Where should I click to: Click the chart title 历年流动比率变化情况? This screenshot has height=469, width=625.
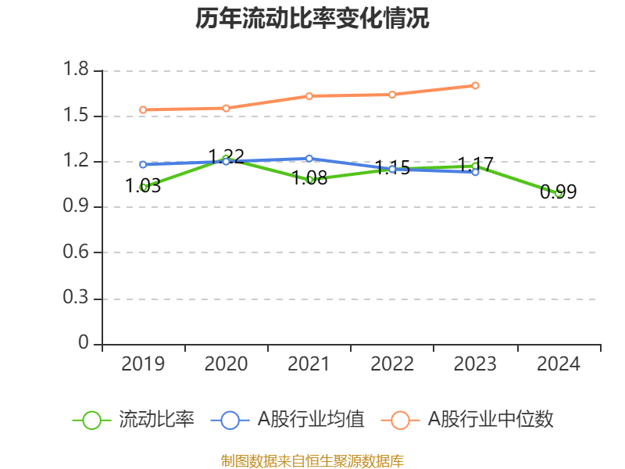coord(312,19)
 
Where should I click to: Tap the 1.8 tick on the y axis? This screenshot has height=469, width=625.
coord(78,71)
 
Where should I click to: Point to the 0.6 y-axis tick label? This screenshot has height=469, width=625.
coord(78,252)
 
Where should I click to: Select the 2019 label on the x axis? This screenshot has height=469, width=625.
coord(143,364)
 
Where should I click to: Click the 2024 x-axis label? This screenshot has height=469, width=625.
coord(559,364)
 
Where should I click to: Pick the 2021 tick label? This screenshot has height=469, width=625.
coord(309,364)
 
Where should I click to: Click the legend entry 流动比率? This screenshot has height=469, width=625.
coord(134,420)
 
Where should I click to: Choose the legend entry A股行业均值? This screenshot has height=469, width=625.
coord(288,420)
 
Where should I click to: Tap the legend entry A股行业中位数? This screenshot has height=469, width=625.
coord(468,420)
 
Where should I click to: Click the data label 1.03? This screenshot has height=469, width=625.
coord(143,186)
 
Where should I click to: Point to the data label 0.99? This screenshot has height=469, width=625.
coord(559,192)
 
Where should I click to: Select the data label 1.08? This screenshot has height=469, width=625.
coord(309,178)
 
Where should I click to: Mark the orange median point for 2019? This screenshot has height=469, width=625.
coord(143,109)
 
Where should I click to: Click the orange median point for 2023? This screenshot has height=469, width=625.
coord(475,85)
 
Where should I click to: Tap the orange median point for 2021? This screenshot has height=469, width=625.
coord(309,96)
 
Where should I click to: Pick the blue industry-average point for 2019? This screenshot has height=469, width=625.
coord(143,164)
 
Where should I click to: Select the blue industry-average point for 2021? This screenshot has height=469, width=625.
coord(309,159)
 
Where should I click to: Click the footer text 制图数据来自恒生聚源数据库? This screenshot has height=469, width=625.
coord(312,460)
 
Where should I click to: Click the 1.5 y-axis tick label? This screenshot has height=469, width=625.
coord(78,116)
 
